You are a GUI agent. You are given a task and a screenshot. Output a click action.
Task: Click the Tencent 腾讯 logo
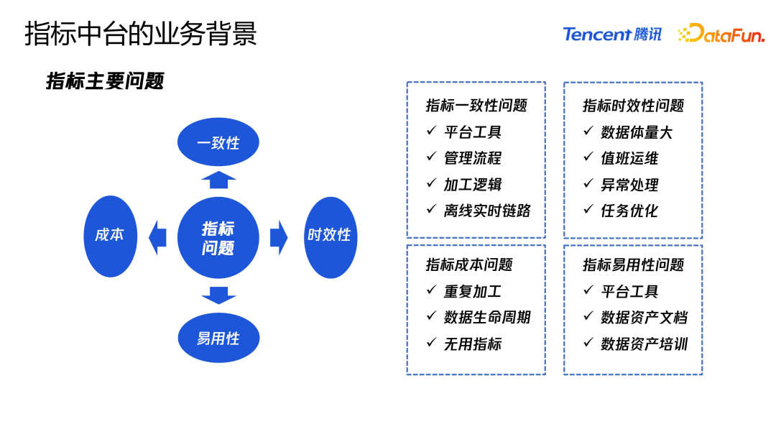click(x=611, y=34)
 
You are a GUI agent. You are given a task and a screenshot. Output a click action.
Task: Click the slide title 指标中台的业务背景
click(x=141, y=34)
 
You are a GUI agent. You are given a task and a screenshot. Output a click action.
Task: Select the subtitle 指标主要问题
click(x=105, y=81)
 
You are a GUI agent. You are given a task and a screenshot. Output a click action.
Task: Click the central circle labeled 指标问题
click(x=218, y=238)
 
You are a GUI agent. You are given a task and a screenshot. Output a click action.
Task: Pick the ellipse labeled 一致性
click(x=218, y=142)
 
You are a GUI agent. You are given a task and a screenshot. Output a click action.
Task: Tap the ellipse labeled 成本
click(x=110, y=235)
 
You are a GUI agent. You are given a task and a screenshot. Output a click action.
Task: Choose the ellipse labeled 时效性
click(x=330, y=235)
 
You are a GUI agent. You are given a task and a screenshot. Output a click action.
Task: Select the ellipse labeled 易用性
click(x=218, y=338)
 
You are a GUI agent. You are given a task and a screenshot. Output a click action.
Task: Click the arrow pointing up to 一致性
click(x=218, y=180)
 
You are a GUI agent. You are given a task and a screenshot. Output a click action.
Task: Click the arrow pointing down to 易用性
click(x=218, y=295)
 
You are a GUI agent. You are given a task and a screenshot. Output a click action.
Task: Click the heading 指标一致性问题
click(x=476, y=106)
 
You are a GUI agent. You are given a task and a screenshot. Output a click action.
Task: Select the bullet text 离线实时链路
click(x=487, y=211)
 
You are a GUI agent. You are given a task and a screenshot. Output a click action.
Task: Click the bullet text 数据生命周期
click(x=487, y=318)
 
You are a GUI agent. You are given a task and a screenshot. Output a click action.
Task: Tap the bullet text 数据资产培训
click(x=644, y=344)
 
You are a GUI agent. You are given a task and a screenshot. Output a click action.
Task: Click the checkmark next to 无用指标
click(x=431, y=343)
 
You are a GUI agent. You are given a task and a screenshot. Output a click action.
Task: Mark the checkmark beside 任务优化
click(x=588, y=210)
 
